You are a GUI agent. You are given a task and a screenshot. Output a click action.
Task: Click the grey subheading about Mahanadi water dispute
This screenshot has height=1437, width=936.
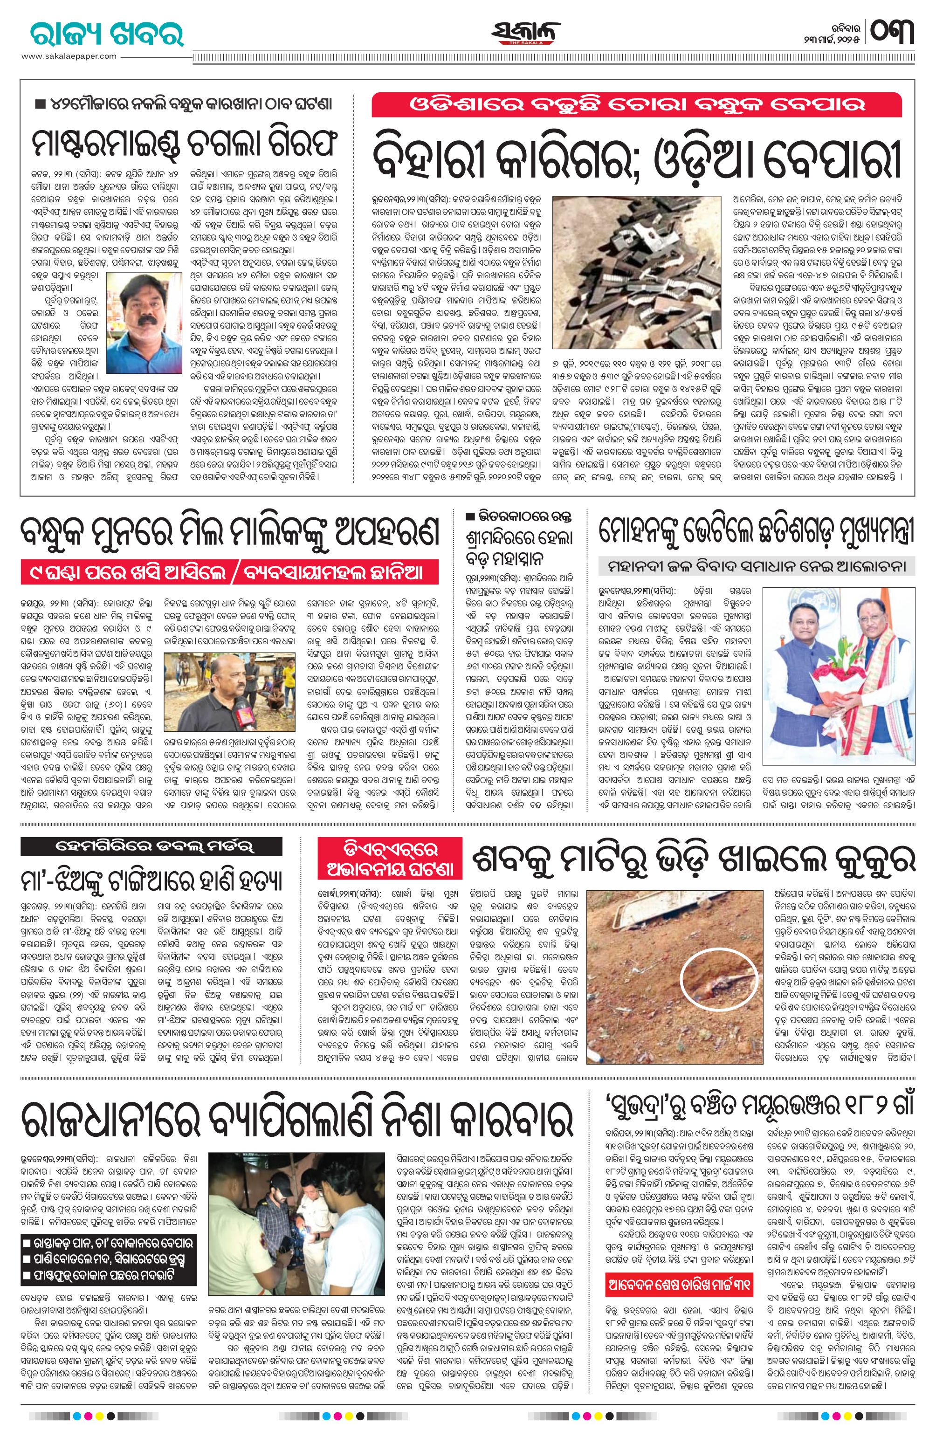click(757, 566)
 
